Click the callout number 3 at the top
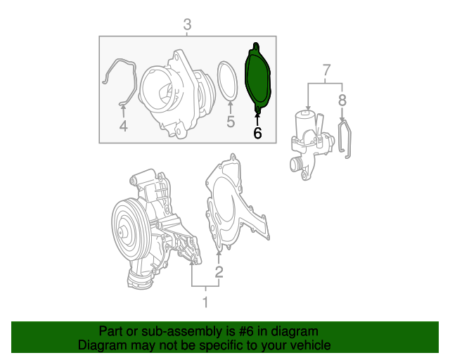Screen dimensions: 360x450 pos(187,25)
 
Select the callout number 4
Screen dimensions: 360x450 pos(122,126)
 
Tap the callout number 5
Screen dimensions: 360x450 pos(230,123)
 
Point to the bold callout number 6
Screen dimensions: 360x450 pos(257,132)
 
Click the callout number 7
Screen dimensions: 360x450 pos(326,70)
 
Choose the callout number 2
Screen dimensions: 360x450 pos(219,271)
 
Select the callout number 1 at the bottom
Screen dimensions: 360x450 pos(205,303)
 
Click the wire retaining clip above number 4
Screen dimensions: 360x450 pos(121,77)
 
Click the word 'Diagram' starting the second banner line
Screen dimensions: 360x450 pos(99,345)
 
